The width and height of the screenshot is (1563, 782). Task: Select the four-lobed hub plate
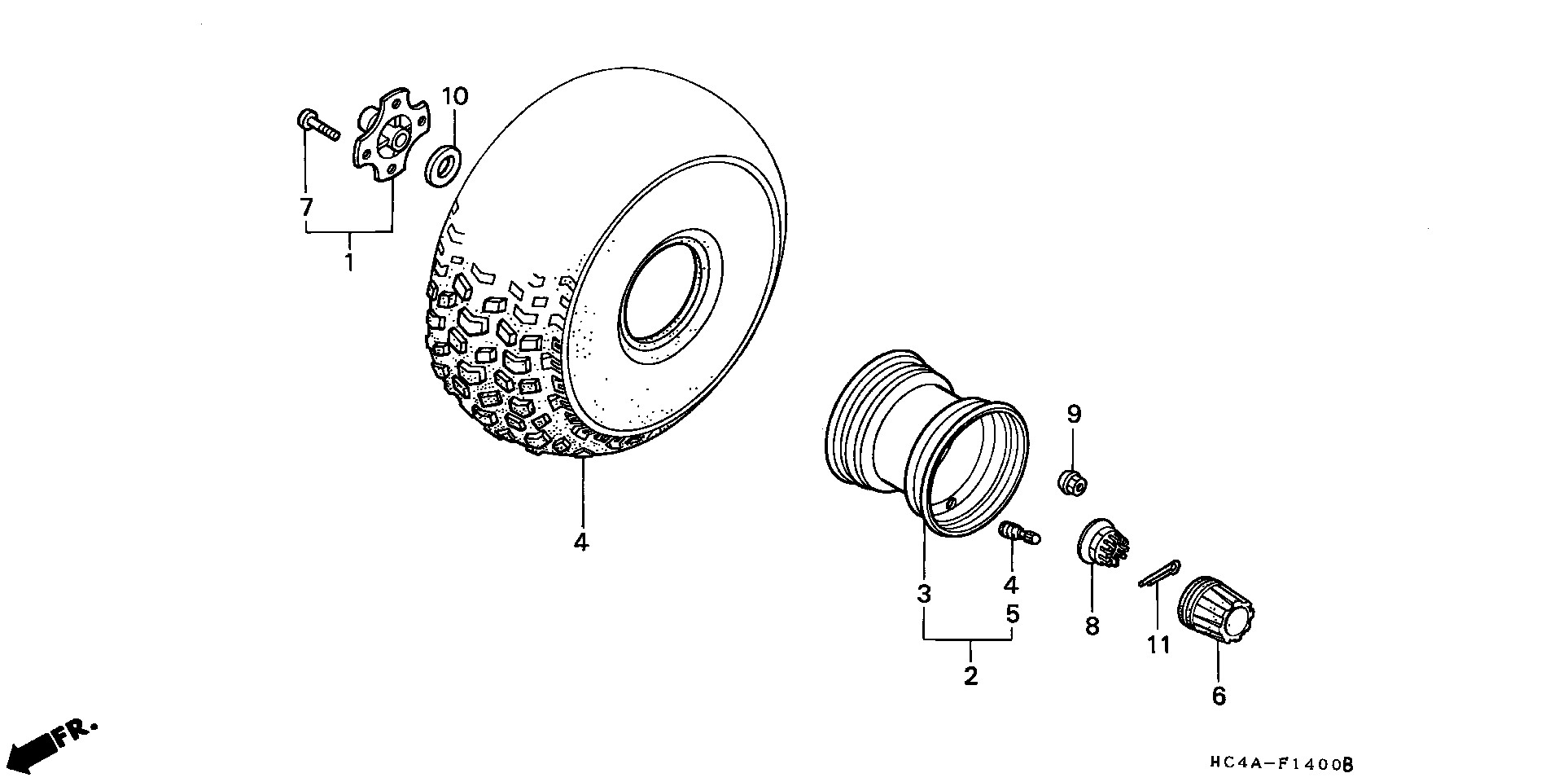(x=391, y=139)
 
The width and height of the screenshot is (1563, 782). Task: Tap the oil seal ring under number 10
(x=444, y=164)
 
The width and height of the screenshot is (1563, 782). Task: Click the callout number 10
(x=455, y=97)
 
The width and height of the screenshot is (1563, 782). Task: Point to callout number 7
(x=306, y=208)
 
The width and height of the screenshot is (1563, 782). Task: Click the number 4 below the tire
(x=580, y=542)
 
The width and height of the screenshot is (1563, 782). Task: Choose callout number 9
(x=1074, y=415)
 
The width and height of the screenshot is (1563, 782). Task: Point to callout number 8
(x=1092, y=626)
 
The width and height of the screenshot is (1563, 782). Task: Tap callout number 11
(x=1158, y=645)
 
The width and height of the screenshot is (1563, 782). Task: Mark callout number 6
(x=1219, y=696)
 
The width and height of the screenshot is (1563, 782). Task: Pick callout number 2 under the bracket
(x=970, y=676)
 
